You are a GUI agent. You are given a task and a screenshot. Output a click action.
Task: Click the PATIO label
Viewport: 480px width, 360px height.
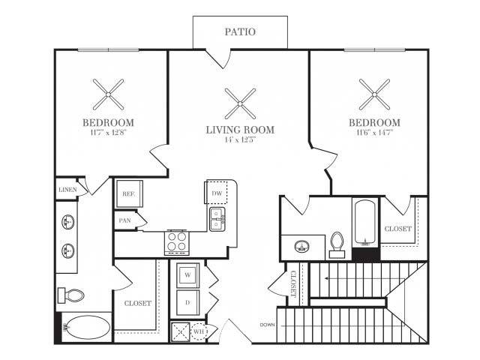240,32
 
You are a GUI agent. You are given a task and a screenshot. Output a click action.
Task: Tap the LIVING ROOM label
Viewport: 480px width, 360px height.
240,130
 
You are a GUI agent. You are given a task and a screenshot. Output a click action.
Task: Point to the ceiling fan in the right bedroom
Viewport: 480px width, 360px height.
373,94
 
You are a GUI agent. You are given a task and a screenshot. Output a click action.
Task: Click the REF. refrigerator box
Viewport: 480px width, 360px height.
127,194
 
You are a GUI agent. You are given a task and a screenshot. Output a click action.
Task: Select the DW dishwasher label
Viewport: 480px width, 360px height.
217,194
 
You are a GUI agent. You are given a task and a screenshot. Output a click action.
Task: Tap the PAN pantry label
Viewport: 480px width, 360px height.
124,221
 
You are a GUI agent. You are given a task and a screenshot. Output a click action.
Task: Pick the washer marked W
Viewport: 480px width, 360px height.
187,274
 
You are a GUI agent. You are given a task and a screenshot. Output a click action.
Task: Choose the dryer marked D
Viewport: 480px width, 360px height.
187,304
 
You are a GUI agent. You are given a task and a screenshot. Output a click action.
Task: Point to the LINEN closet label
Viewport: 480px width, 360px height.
67,190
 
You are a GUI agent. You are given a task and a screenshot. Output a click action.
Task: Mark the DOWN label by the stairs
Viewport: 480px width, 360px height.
267,325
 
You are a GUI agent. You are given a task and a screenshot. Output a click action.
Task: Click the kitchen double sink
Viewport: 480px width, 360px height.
217,218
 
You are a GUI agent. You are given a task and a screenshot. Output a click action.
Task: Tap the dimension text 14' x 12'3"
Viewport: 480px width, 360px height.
240,140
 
